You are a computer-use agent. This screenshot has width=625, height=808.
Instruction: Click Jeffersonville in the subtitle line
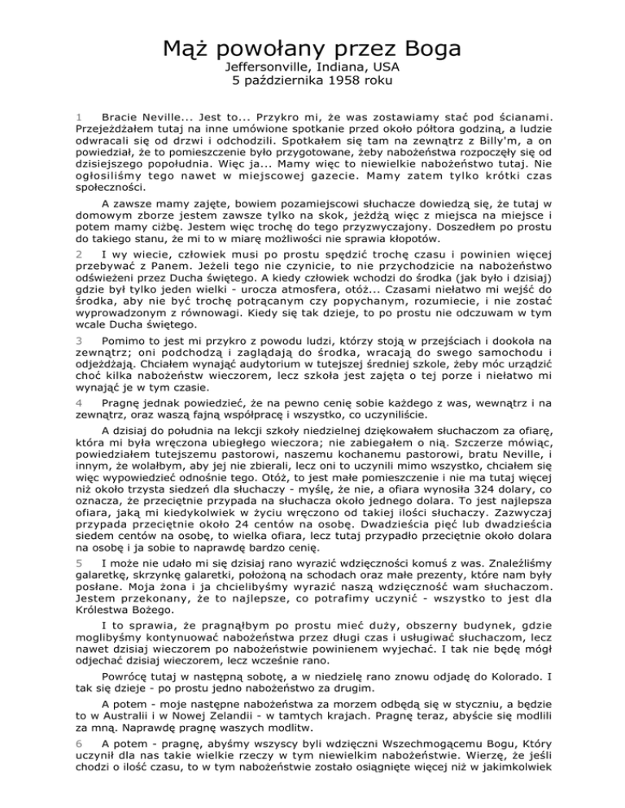[x=268, y=66]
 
